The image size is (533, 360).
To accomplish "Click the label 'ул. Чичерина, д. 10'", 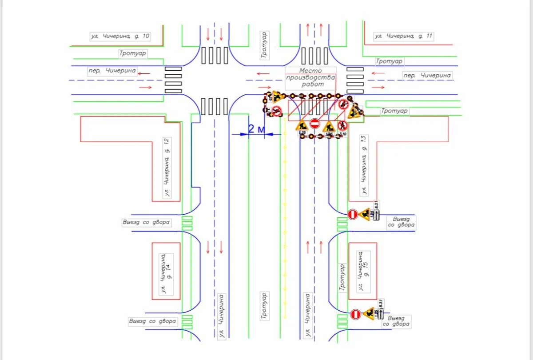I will coord(120,36).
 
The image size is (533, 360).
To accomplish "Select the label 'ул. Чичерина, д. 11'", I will coord(403,36).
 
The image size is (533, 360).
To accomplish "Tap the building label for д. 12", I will coord(167,168).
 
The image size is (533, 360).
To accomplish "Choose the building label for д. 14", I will coord(166,273).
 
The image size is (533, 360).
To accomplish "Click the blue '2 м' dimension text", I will coord(257,129).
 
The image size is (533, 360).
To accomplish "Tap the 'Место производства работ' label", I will coord(310,77).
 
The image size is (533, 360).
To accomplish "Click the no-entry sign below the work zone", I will coord(314,124).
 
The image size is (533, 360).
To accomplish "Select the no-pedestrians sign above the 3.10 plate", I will coord(342,125).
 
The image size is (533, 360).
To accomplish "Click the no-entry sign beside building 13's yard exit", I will coord(353,215).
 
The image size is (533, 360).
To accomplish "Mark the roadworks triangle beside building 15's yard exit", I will coord(369,313).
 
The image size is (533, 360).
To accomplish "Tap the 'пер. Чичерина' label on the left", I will coord(112,71).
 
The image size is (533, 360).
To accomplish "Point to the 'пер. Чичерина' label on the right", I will coord(427,76).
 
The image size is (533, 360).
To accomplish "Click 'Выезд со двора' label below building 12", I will coord(146,222).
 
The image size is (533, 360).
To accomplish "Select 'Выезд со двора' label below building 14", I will coord(152,321).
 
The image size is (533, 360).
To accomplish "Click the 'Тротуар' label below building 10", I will coord(133,53).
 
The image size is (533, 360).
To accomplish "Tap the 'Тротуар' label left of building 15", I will coord(342,277).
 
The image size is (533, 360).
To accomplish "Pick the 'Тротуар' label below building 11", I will coord(389,61).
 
